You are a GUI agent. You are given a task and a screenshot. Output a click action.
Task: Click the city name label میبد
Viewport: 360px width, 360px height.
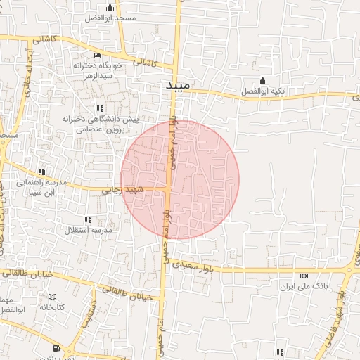coord(178,86)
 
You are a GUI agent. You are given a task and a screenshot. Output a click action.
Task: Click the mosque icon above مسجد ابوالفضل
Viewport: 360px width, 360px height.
coord(110,7)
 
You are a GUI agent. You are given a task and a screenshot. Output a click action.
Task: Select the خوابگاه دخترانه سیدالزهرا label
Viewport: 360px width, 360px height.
coord(99,70)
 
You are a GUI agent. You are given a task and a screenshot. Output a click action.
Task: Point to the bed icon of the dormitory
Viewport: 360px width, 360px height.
coord(97,55)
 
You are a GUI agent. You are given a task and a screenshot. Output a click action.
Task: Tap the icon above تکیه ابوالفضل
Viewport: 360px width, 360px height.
coord(262,79)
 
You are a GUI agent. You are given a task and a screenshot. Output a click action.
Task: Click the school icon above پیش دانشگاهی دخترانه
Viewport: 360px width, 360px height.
coord(101,108)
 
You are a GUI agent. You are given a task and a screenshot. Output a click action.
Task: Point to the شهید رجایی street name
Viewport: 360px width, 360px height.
coord(122,189)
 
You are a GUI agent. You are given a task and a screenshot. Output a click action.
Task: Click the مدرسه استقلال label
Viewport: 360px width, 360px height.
coord(89,230)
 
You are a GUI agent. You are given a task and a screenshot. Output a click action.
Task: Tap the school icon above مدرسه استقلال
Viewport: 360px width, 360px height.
coord(88,219)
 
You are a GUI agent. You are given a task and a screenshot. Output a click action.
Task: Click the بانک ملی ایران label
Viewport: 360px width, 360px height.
coord(304,287)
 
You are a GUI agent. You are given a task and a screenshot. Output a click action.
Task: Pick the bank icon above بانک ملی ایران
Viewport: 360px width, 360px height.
coord(304,276)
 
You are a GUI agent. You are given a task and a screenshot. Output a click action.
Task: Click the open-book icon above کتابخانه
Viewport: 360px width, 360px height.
coord(52,297)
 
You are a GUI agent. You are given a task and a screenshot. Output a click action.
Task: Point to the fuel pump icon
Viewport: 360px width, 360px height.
coord(56,348)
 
